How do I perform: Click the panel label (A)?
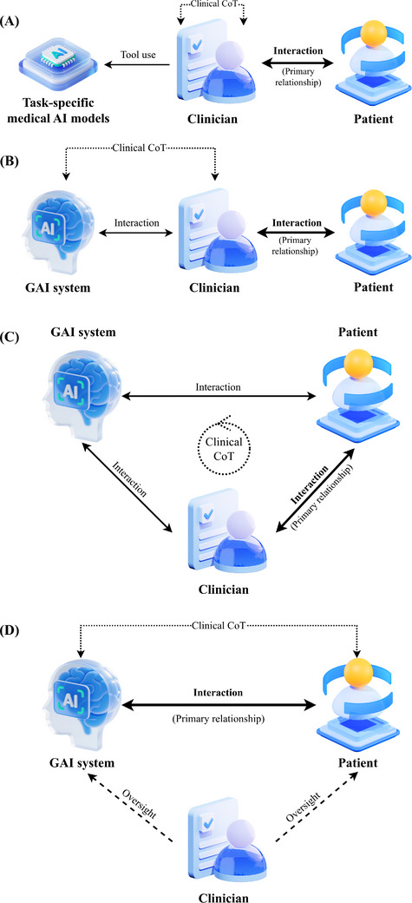[10, 23]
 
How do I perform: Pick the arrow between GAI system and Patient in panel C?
[219, 396]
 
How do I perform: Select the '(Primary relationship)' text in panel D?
[219, 718]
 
